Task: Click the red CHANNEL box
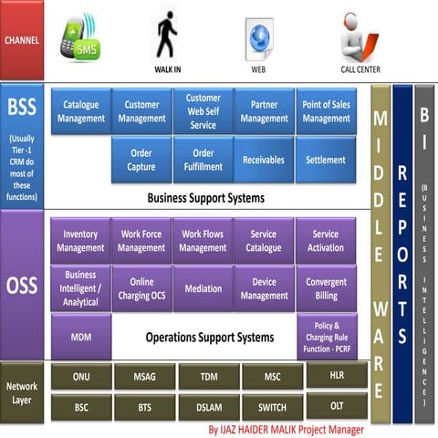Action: click(x=22, y=40)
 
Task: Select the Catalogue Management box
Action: click(x=81, y=111)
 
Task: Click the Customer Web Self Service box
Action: click(x=203, y=110)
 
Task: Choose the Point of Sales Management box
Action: click(x=326, y=111)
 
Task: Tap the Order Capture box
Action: click(x=141, y=159)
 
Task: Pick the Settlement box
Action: click(x=326, y=159)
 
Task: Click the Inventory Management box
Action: click(x=80, y=241)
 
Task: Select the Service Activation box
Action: click(x=325, y=241)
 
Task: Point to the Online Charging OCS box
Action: click(x=141, y=288)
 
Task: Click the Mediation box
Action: click(x=203, y=288)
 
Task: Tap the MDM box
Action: click(x=80, y=337)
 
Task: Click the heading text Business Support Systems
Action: click(x=205, y=196)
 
